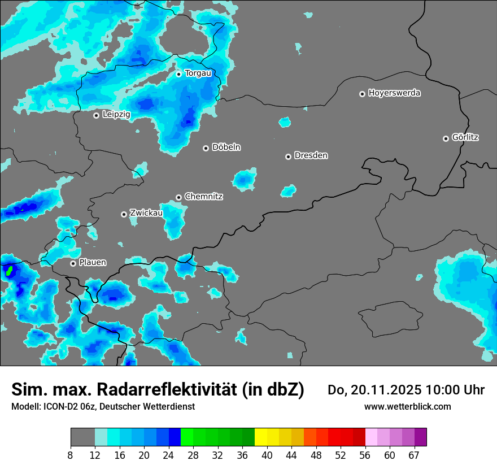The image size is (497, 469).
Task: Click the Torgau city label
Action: (x=198, y=73)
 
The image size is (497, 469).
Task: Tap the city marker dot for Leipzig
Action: (x=96, y=115)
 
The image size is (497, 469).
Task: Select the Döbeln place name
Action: (x=226, y=147)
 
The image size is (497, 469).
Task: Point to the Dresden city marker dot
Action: (x=288, y=157)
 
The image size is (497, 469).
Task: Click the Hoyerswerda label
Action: (x=394, y=93)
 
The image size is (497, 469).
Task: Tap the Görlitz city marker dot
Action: (x=446, y=138)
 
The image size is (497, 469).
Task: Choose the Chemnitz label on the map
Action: (x=203, y=197)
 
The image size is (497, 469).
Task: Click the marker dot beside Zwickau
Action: (x=124, y=214)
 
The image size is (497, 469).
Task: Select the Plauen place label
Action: (x=93, y=263)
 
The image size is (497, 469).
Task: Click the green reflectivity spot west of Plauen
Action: (x=9, y=270)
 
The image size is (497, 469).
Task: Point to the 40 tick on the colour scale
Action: (x=267, y=455)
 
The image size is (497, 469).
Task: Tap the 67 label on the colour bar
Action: (x=414, y=455)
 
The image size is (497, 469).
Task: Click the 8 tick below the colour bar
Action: (x=71, y=455)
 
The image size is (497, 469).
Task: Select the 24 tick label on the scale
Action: (x=168, y=455)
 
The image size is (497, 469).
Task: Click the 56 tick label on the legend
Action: (x=365, y=455)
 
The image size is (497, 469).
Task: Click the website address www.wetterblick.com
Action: (x=407, y=406)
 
